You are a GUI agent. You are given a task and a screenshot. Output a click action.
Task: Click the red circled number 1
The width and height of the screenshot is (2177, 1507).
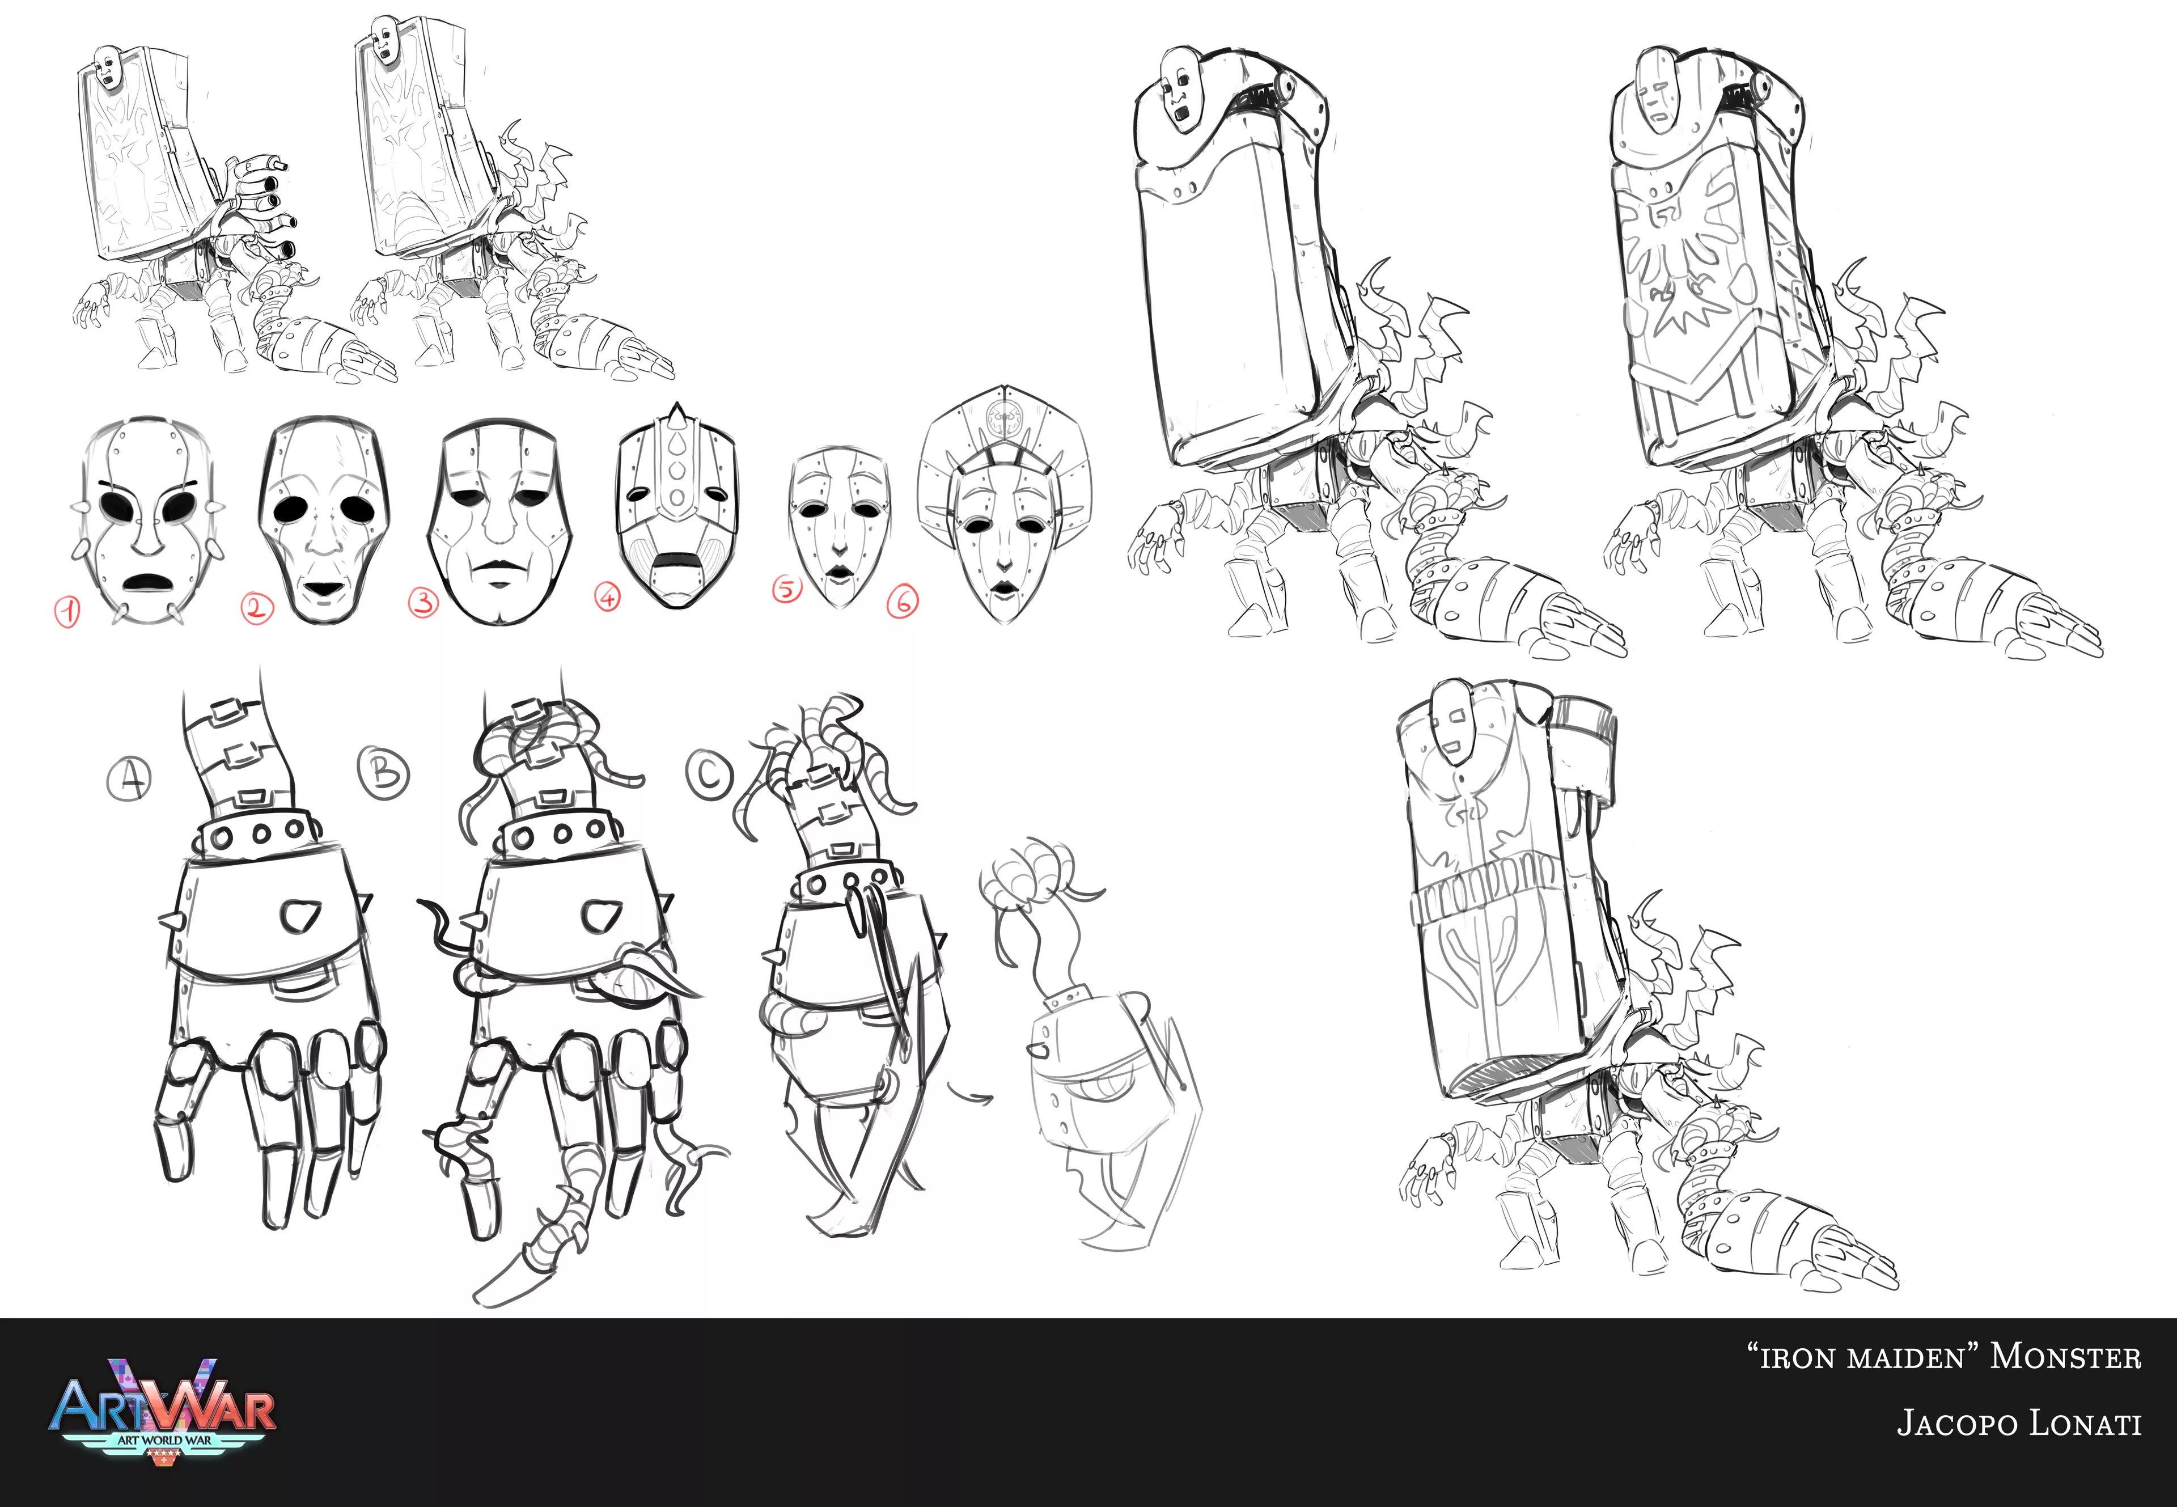point(66,612)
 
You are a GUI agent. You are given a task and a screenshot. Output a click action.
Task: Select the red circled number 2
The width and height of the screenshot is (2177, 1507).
point(256,607)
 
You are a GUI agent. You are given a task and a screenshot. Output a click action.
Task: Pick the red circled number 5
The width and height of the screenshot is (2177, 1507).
point(786,589)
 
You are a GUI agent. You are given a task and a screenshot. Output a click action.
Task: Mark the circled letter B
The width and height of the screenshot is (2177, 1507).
point(383,772)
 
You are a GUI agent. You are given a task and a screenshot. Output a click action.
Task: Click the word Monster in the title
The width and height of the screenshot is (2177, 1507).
point(2066,1357)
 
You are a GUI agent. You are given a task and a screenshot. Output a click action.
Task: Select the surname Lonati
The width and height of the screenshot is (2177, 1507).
point(2085,1423)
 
